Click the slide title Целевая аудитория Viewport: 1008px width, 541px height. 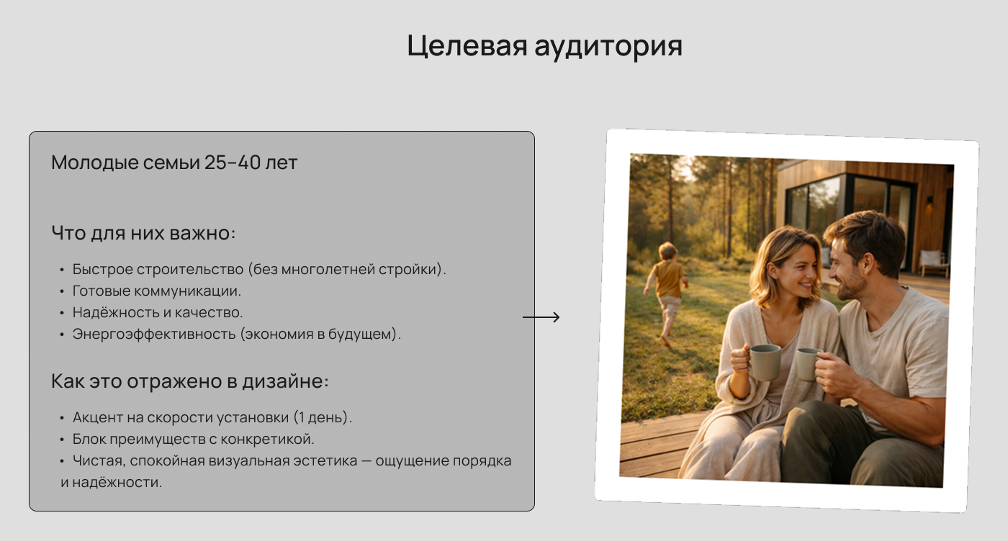click(544, 46)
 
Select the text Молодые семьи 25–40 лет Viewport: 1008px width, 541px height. click(174, 163)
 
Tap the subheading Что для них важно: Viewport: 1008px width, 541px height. click(144, 233)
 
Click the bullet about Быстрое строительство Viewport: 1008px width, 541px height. click(259, 270)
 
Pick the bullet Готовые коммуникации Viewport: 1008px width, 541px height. click(156, 291)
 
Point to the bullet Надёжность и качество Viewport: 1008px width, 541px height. click(158, 313)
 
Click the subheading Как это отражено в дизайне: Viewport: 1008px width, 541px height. click(189, 381)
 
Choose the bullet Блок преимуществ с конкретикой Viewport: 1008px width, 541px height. click(193, 439)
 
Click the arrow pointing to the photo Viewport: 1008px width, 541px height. click(541, 317)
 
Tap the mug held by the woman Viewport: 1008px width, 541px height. click(765, 361)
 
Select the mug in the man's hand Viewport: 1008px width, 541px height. click(809, 363)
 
